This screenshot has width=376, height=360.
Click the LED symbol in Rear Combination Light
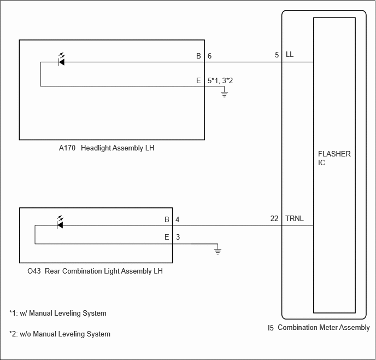(60, 223)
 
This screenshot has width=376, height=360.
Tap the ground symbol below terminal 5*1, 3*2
(224, 94)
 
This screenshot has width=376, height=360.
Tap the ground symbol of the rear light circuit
(218, 251)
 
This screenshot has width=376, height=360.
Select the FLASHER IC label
(334, 158)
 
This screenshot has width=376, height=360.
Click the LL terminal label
(290, 55)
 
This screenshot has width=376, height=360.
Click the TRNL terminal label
(295, 219)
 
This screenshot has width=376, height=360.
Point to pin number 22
(274, 219)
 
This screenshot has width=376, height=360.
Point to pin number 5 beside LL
(277, 55)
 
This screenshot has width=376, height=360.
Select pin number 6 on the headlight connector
(210, 56)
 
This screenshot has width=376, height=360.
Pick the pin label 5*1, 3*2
(220, 80)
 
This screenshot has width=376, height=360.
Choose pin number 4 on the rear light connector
(177, 219)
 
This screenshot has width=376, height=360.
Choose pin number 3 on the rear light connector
(177, 237)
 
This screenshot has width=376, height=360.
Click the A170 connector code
(68, 148)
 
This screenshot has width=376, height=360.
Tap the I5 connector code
(271, 328)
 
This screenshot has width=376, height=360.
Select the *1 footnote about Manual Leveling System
(58, 313)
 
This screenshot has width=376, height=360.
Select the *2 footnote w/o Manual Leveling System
(60, 334)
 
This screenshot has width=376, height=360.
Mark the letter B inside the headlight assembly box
(198, 56)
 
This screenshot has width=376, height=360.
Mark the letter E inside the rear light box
(167, 237)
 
